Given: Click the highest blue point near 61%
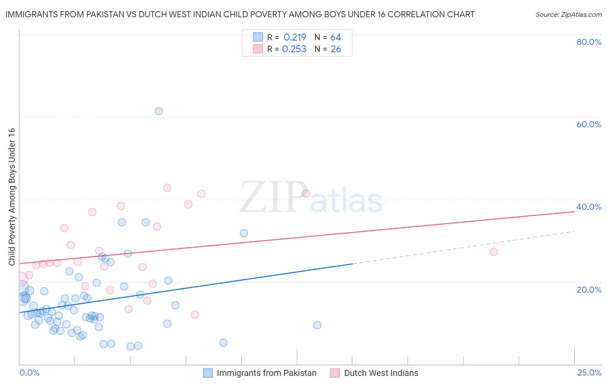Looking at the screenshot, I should point(158,111).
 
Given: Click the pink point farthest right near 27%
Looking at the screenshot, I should point(493,252).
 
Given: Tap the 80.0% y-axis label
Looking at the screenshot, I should point(589,42).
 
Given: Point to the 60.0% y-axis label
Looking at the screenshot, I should point(589,124).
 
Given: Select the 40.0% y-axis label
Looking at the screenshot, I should point(589,207).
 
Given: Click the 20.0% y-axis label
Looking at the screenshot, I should point(589,290).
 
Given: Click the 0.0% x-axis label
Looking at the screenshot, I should point(29,372).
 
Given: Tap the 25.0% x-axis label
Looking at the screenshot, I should point(589,372).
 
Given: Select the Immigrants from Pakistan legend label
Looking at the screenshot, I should point(266,373).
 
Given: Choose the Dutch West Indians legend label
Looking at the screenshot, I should point(381,373).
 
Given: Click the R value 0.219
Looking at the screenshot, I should point(294,38).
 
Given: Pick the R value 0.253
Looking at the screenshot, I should point(294,49).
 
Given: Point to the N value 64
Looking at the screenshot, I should point(335,38).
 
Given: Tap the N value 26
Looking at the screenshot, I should point(335,49).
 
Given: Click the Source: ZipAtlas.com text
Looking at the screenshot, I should point(568,15).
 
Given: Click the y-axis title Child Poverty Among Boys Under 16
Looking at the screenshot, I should point(12,197).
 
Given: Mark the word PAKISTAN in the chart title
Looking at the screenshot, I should point(103,15).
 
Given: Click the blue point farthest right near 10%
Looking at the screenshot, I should point(317,325).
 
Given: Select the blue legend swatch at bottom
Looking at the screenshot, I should point(208,373).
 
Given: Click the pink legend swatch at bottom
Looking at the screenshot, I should point(335,373).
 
